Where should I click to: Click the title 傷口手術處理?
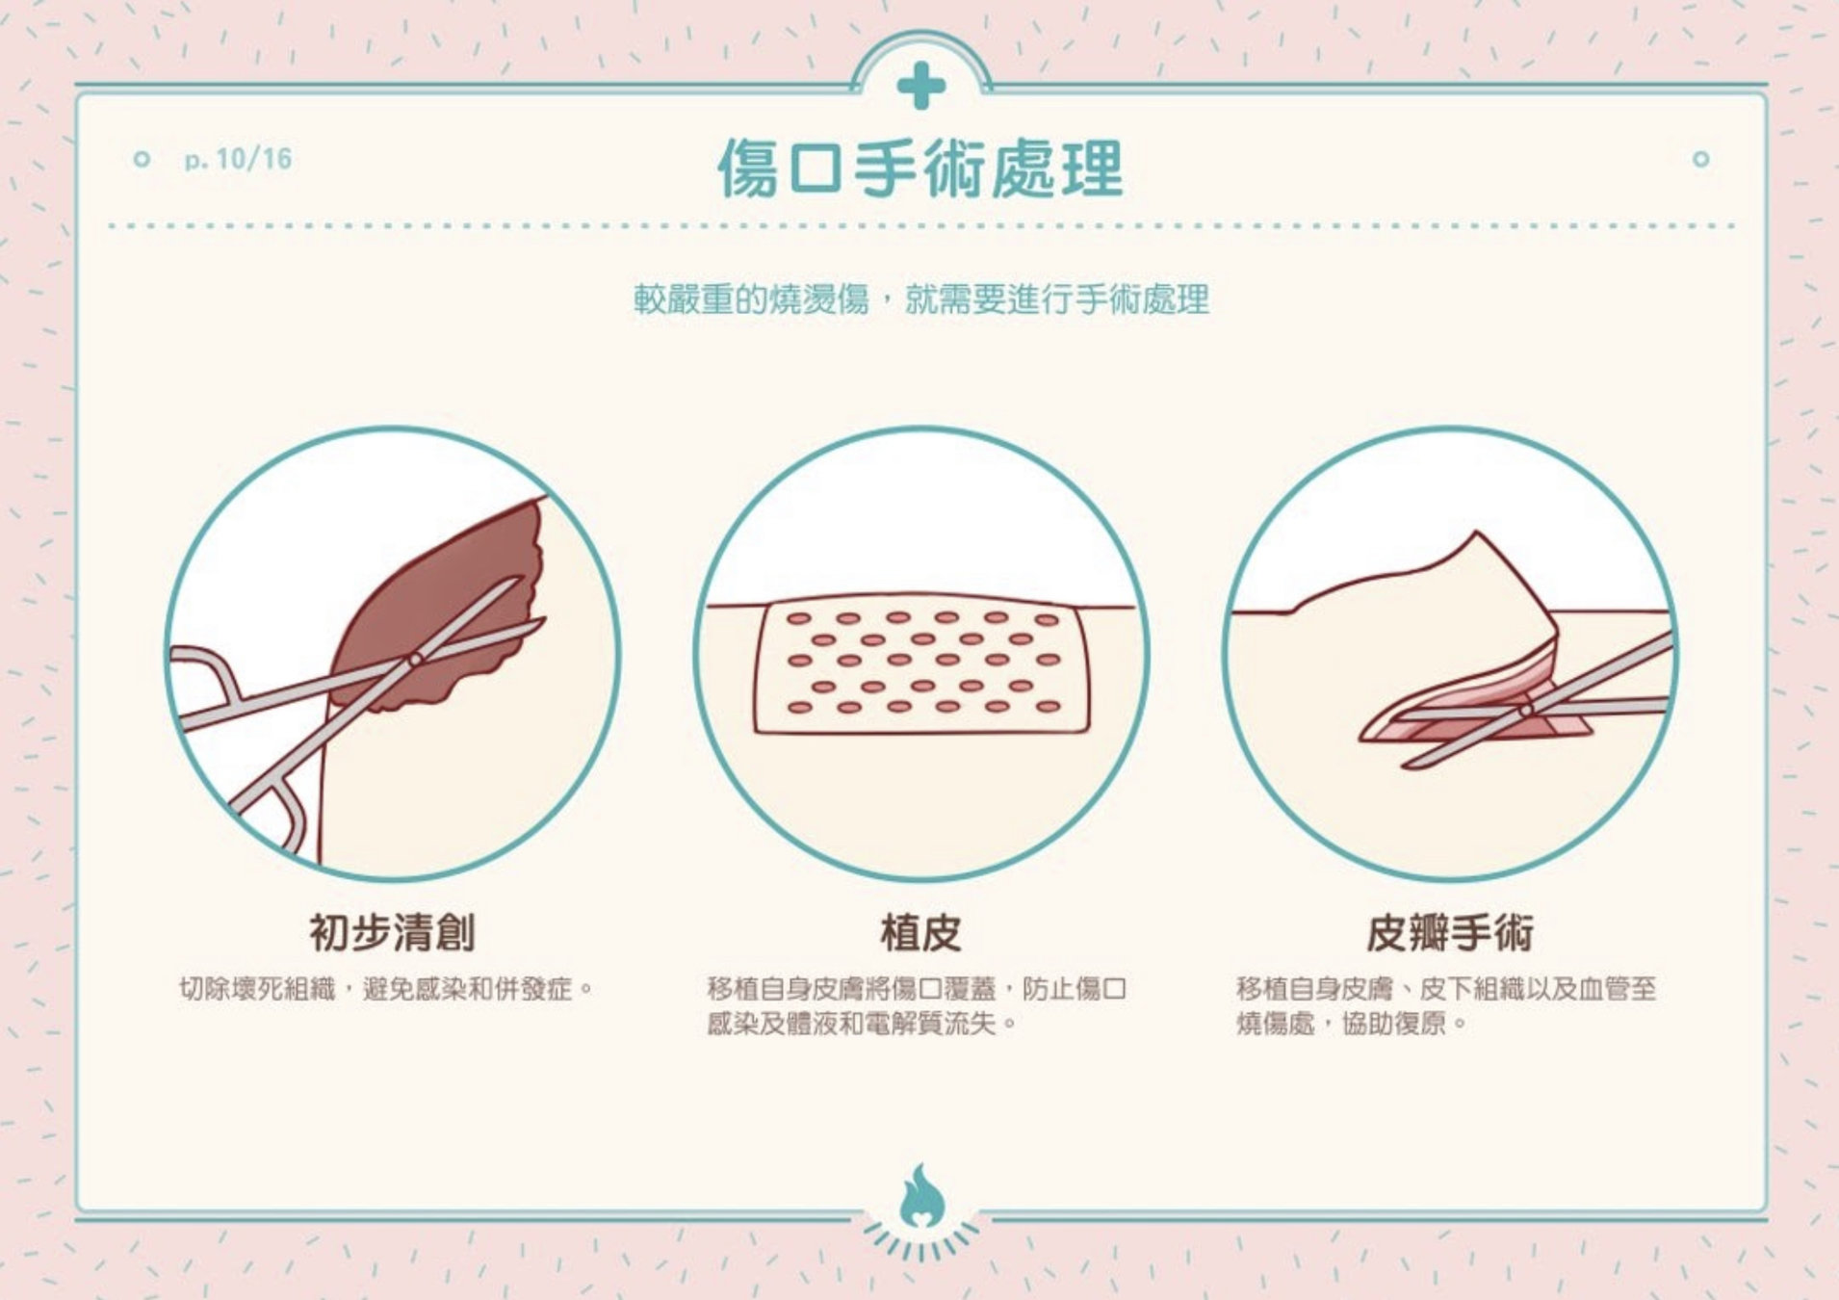(x=920, y=169)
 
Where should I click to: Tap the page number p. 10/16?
(x=238, y=159)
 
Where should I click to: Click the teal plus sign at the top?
(x=920, y=86)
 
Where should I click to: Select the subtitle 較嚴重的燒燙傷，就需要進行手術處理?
(x=920, y=300)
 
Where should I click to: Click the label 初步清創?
(x=392, y=932)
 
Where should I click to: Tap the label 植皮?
(x=920, y=932)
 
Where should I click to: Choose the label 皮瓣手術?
(x=1450, y=932)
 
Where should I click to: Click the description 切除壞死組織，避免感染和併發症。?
(x=387, y=989)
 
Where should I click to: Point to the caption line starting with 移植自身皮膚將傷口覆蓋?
(x=917, y=989)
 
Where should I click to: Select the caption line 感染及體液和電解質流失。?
(x=863, y=1023)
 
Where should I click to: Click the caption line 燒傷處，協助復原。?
(x=1352, y=1023)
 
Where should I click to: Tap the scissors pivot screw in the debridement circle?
(x=415, y=659)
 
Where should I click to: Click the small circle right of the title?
(x=1700, y=159)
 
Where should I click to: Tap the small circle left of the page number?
(x=142, y=159)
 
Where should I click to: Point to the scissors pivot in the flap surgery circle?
(x=1526, y=711)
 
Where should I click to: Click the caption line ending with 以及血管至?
(x=1446, y=989)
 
